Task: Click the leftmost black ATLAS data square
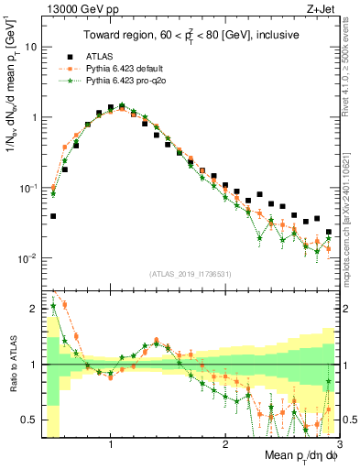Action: [x=53, y=217]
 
